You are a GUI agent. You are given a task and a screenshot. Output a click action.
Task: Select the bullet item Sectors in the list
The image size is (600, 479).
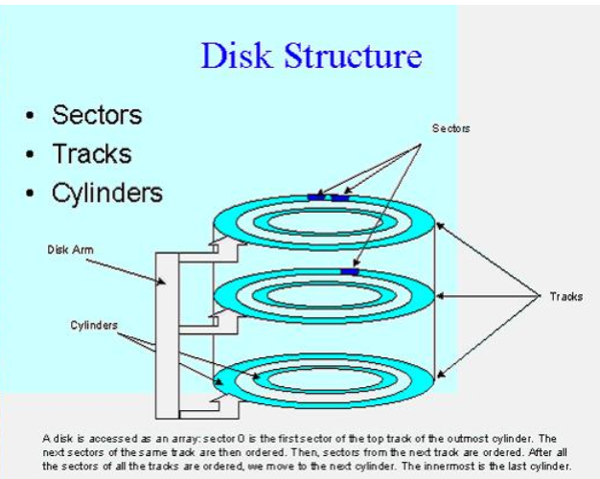pos(97,115)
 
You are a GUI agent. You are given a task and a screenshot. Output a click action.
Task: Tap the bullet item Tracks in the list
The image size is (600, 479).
pos(92,153)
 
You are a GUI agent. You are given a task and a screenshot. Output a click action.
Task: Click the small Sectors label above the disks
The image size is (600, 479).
pos(450,127)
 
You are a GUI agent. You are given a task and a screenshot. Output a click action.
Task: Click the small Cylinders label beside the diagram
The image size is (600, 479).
pos(94,325)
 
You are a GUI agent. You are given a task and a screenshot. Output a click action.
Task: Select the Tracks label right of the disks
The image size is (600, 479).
pos(565,296)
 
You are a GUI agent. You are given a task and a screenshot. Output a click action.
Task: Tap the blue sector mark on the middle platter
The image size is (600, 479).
pos(351,272)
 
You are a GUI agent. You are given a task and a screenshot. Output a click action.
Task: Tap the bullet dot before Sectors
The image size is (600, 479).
pos(32,116)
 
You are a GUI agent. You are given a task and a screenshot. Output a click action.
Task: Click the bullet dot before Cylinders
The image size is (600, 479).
pos(32,193)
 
